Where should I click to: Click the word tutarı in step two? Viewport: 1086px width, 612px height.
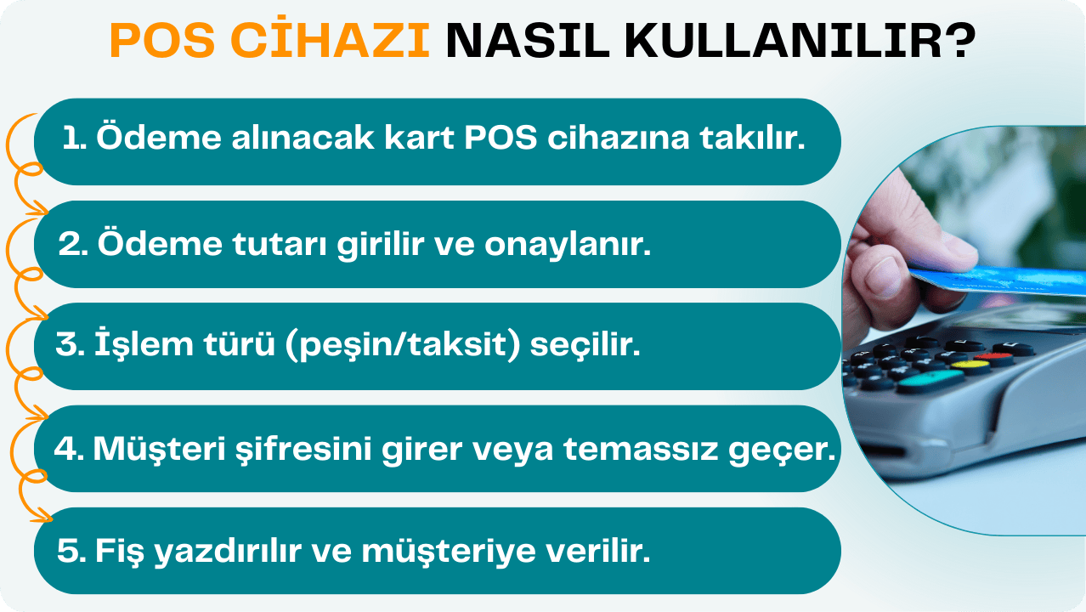pos(277,245)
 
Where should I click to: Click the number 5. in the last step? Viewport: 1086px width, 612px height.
pos(71,552)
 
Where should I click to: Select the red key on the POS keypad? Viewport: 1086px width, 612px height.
pos(995,357)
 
